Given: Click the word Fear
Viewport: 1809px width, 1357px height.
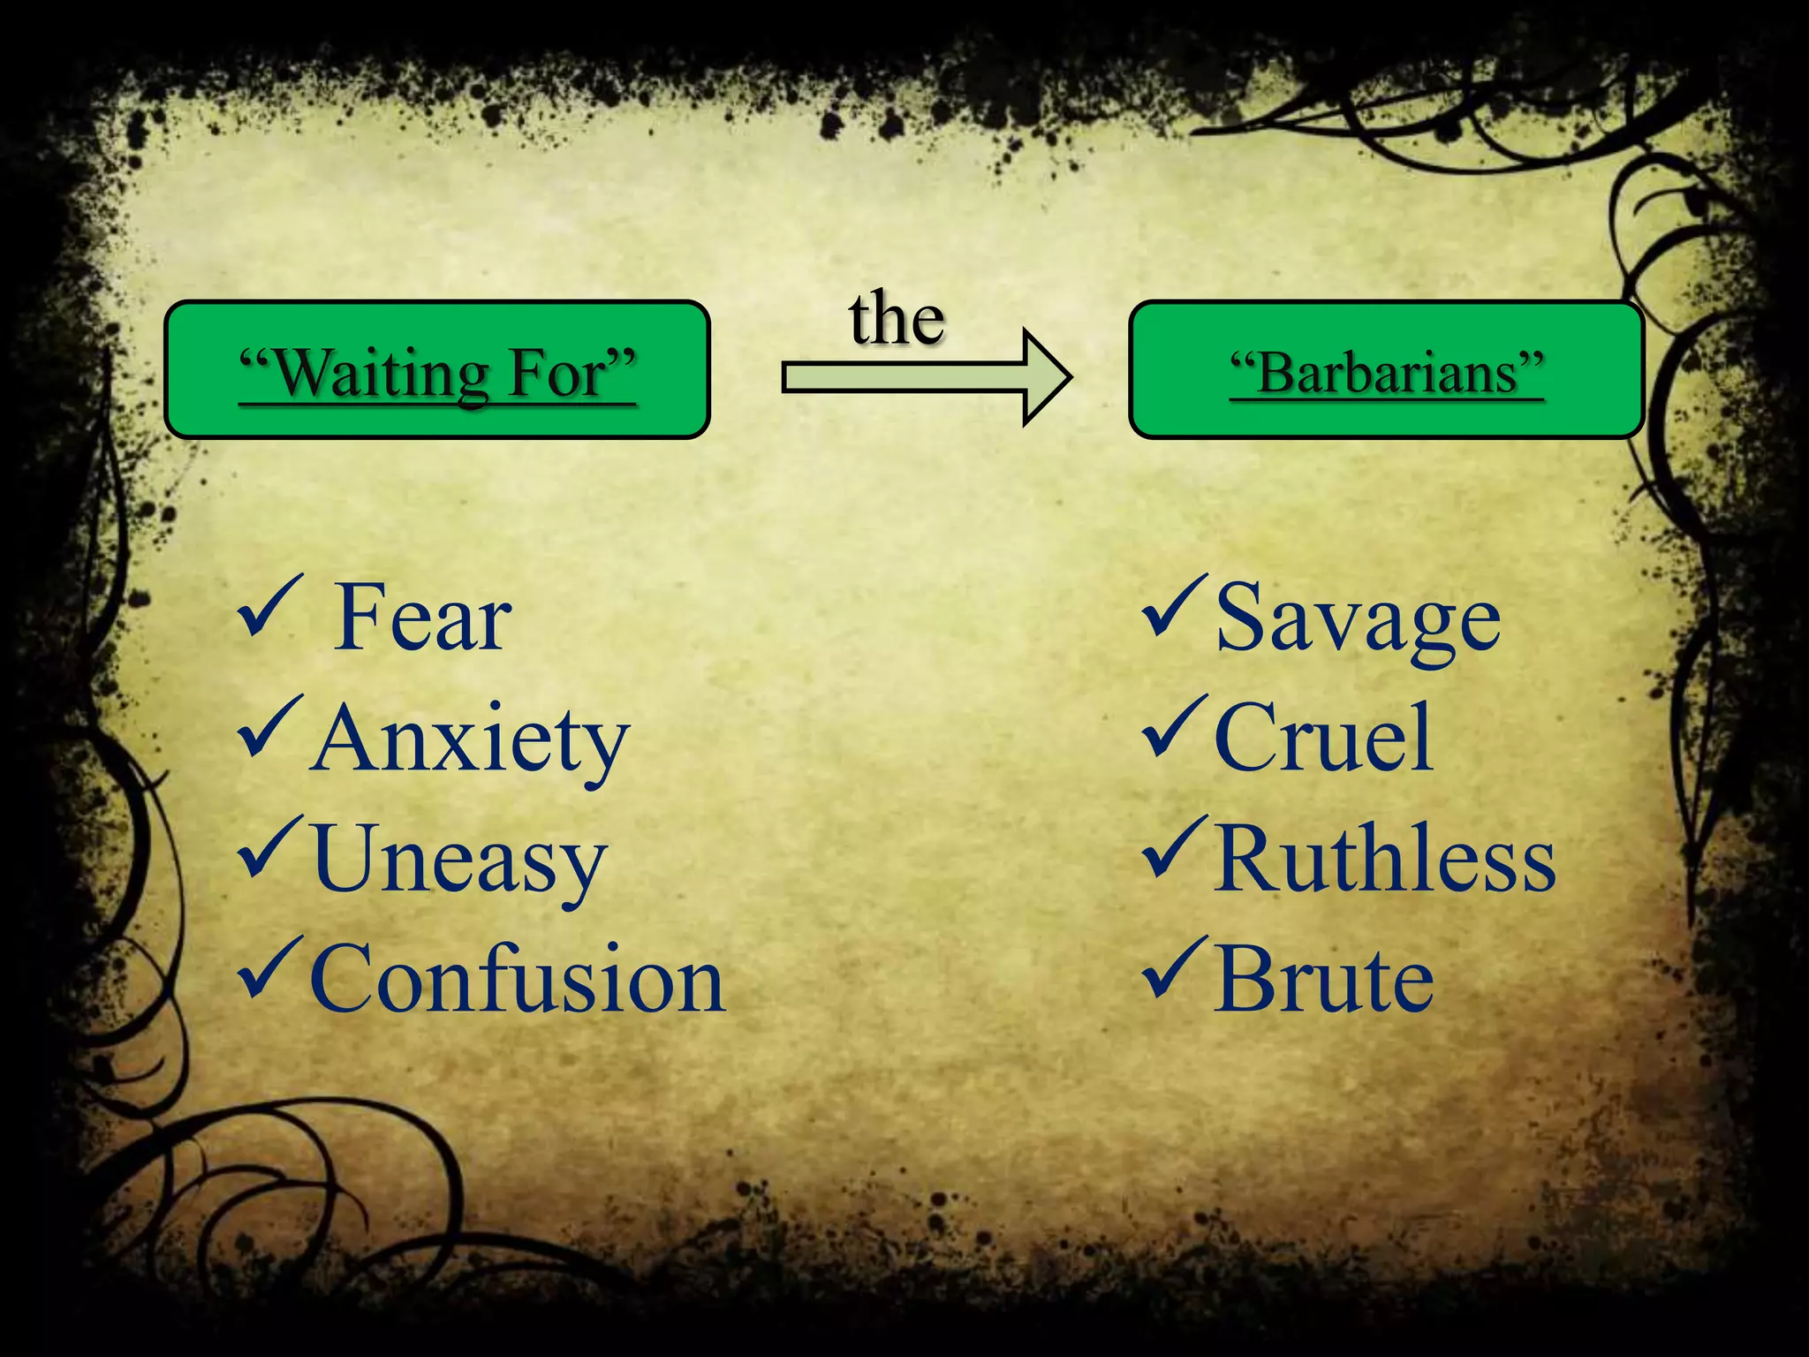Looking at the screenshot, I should [422, 618].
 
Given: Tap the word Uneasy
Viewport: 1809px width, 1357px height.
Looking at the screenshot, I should [458, 860].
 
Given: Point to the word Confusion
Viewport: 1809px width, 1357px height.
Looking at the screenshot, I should [518, 980].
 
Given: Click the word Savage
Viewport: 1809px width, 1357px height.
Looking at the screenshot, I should [1358, 619].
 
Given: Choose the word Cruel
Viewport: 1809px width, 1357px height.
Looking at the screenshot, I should [1322, 739].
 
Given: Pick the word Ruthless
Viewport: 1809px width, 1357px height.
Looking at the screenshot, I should [1384, 860].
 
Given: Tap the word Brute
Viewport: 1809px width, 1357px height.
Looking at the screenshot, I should [1323, 980].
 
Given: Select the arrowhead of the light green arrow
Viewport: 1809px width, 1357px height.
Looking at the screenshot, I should [1047, 377].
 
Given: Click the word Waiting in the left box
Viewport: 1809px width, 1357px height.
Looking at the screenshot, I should [380, 374].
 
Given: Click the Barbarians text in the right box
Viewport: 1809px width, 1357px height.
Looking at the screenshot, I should [1387, 373].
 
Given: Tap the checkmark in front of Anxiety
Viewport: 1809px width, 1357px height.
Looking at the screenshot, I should [269, 728].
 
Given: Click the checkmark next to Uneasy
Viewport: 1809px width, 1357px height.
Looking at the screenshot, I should [269, 849].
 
